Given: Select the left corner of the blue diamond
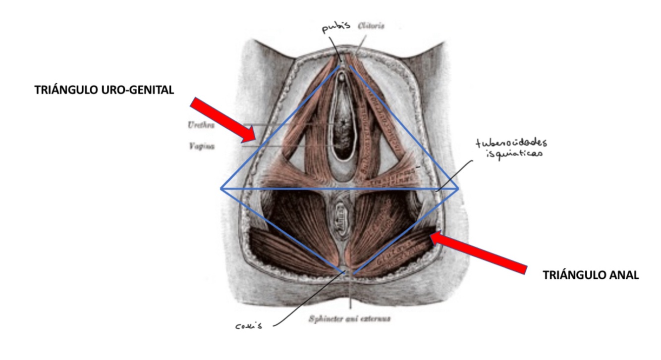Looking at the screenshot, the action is (221, 188).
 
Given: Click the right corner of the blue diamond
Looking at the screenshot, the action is (458, 189).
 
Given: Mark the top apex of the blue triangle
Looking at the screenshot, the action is (341, 67).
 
